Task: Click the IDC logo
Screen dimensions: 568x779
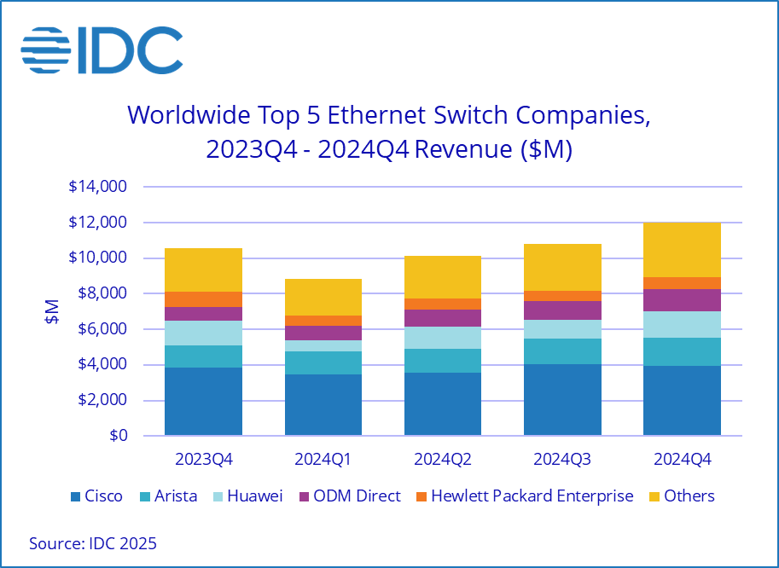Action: coord(102,51)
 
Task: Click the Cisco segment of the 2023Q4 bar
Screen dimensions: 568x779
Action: coord(203,402)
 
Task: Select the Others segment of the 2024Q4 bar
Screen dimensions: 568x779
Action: coord(682,250)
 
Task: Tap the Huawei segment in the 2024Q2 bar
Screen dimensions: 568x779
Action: coord(443,338)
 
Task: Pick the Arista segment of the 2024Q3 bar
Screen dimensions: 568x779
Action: coord(562,351)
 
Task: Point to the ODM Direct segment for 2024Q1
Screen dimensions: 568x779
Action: coord(323,333)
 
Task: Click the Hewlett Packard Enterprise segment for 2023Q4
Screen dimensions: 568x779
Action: coord(203,298)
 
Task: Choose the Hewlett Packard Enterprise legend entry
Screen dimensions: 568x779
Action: coord(523,496)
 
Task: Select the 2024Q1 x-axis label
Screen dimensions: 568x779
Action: coord(323,459)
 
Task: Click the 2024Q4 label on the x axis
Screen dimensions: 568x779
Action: coord(682,459)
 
